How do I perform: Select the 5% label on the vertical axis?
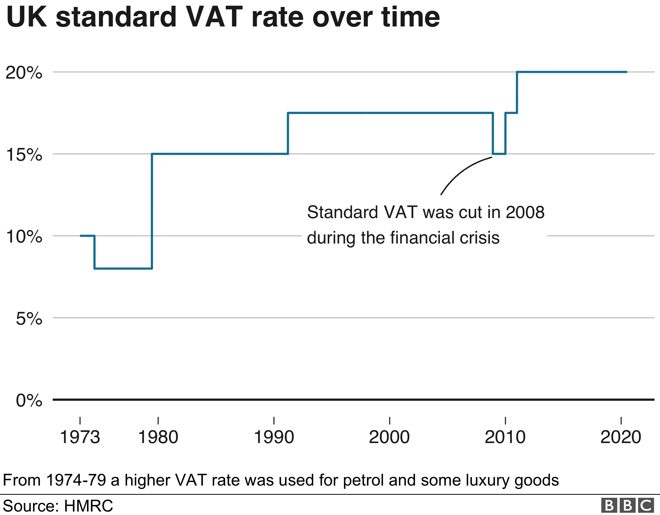(29, 318)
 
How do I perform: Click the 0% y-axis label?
(29, 401)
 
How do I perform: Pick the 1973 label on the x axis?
(80, 437)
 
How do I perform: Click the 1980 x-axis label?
(158, 437)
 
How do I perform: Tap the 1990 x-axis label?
(274, 437)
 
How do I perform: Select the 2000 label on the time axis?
(389, 437)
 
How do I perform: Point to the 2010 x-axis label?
(505, 437)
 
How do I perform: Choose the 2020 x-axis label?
(621, 437)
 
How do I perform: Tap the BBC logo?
(627, 505)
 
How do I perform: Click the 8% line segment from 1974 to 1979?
(123, 268)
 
